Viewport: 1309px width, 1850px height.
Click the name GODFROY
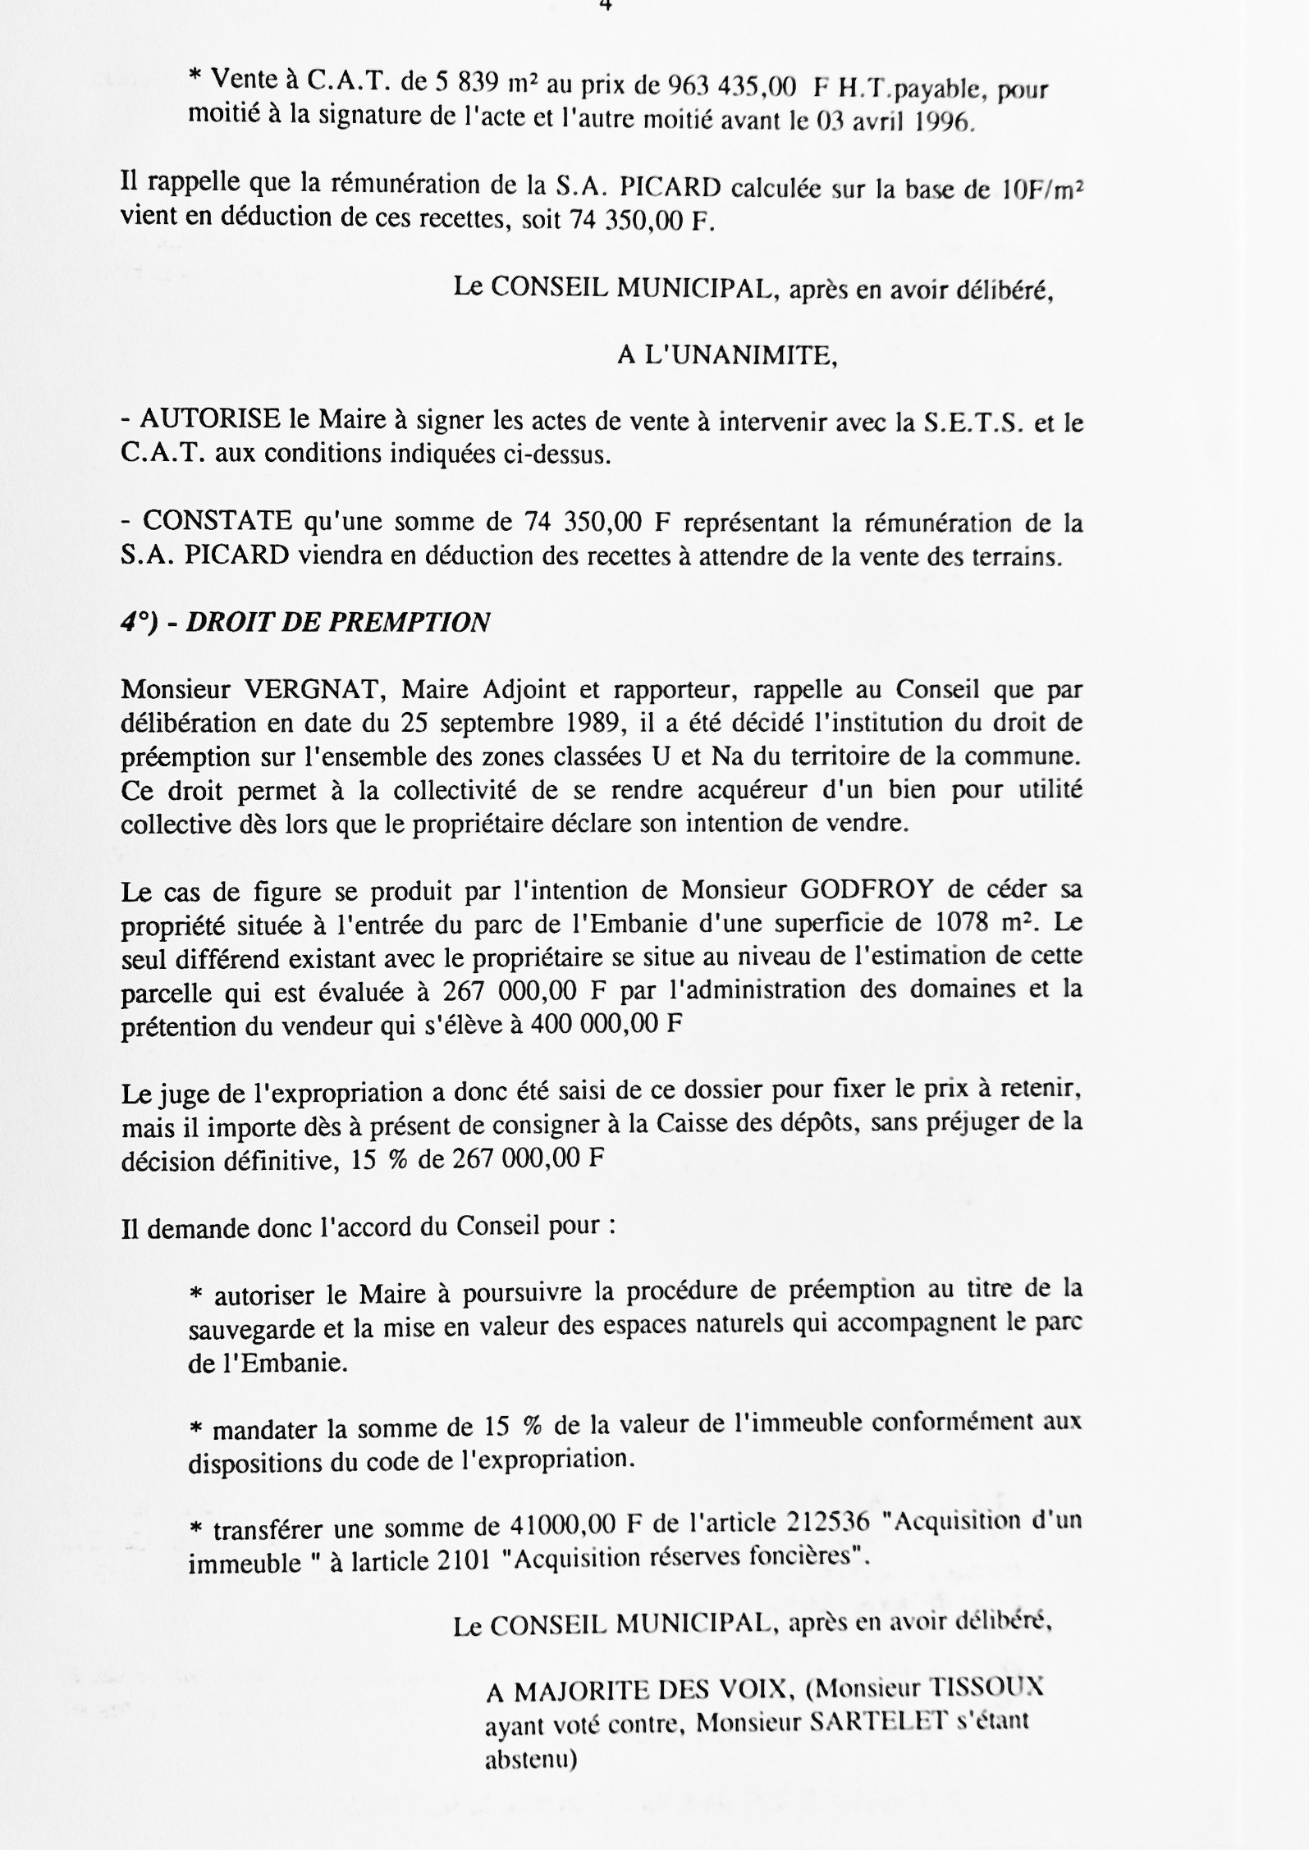pyautogui.click(x=866, y=890)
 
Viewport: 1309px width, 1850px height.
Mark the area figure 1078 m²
pyautogui.click(x=985, y=924)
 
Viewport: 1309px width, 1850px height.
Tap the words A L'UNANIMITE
pyautogui.click(x=727, y=355)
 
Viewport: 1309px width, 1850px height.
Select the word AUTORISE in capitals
pyautogui.click(x=210, y=420)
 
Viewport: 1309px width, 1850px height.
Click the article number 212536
pyautogui.click(x=827, y=1522)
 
